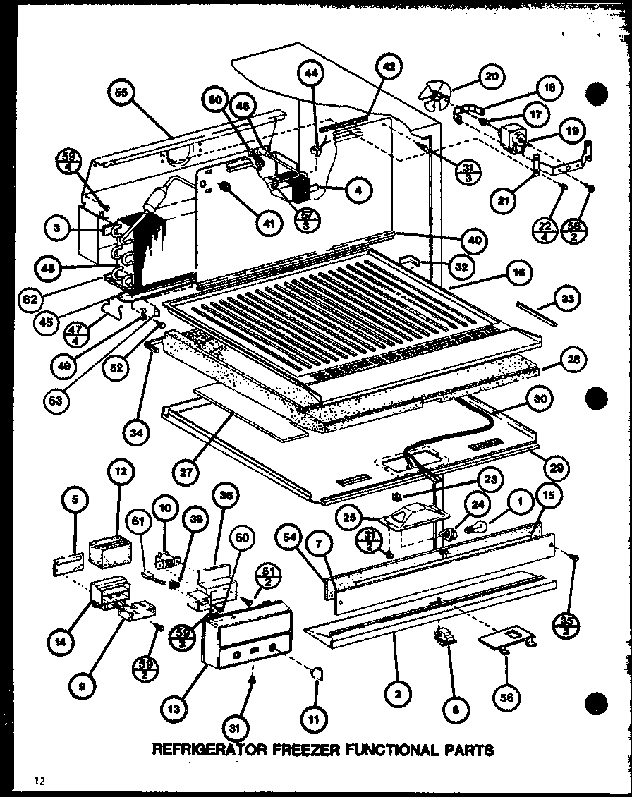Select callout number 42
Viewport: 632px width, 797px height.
(389, 68)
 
